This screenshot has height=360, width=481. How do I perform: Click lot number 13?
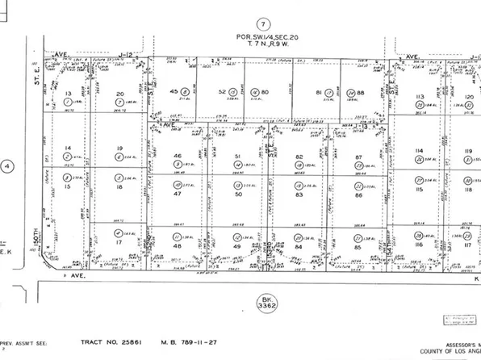68,94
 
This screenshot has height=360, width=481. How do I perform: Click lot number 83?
298,195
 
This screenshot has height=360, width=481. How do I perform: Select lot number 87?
360,157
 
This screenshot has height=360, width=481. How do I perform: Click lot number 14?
68,148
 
